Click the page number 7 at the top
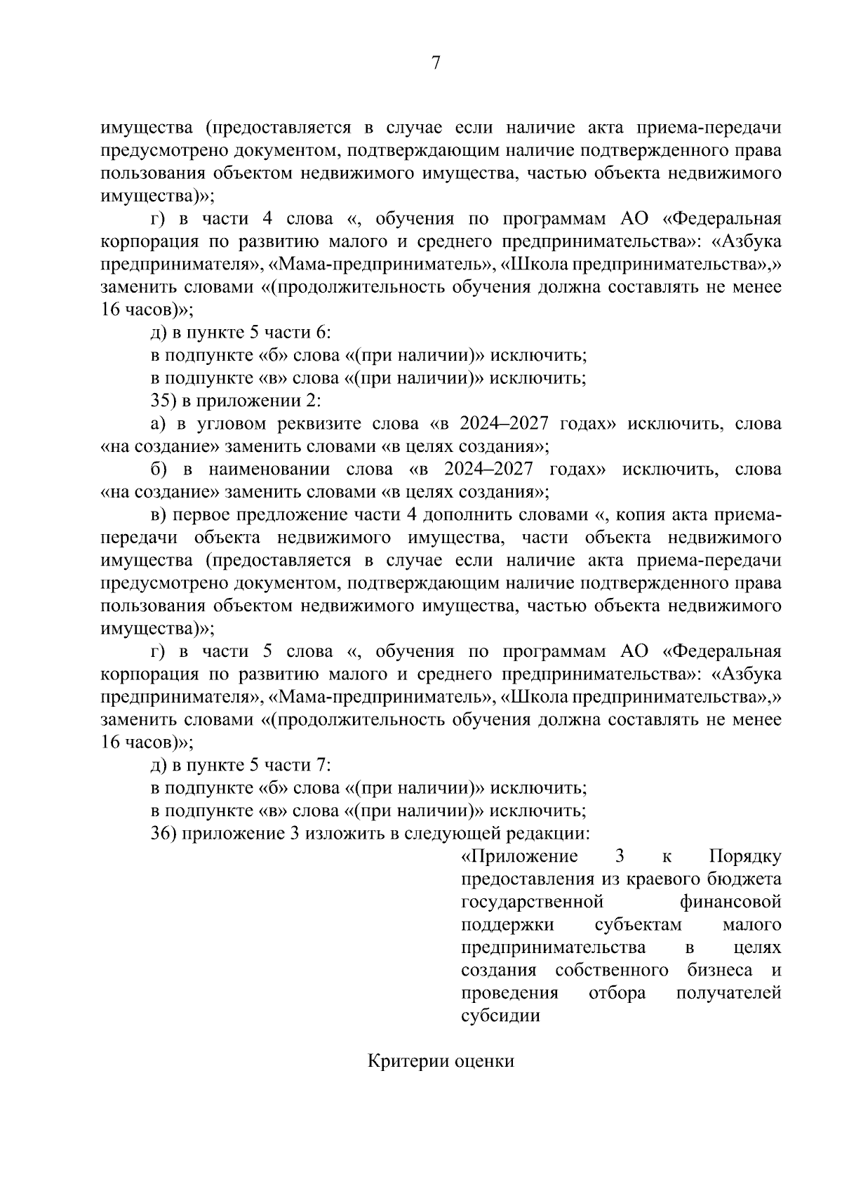tap(435, 63)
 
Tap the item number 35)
tap(165, 401)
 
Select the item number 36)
tap(165, 834)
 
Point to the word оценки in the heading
tap(485, 1060)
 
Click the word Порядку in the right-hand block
tap(745, 857)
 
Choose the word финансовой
tap(730, 902)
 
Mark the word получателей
tap(729, 993)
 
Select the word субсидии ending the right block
tap(501, 1016)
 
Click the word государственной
tap(533, 902)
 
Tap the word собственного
tap(611, 971)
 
